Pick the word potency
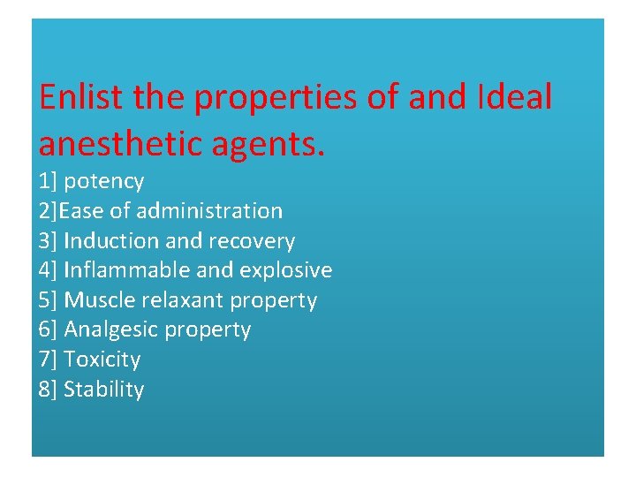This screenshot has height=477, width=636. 104,182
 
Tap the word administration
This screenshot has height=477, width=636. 209,211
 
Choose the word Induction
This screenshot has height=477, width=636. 104,241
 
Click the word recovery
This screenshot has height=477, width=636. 256,241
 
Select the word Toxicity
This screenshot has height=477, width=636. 102,360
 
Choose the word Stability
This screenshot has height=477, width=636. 104,390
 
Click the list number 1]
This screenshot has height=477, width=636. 48,182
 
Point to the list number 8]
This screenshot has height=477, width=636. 48,390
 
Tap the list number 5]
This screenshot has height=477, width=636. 48,300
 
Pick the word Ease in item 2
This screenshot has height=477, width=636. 79,211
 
